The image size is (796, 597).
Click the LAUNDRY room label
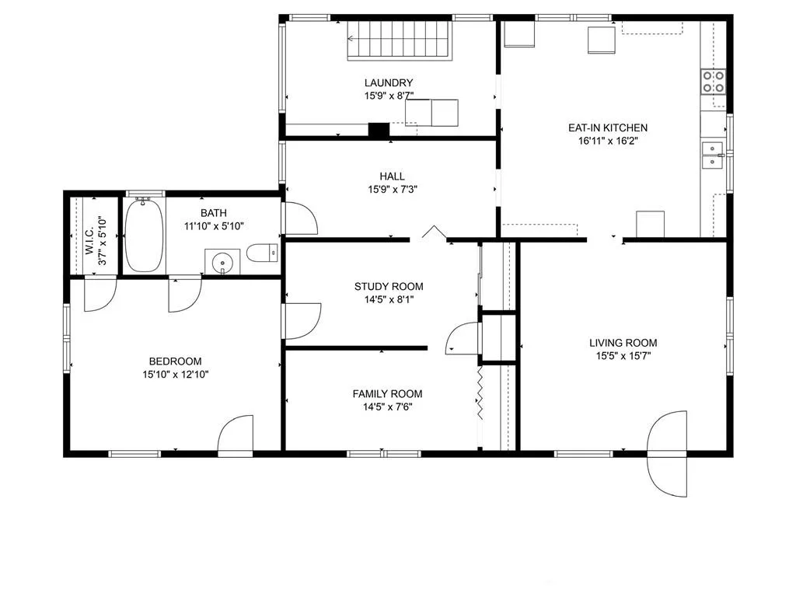389,82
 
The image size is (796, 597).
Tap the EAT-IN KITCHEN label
608,128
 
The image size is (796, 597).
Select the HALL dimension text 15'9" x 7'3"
393,190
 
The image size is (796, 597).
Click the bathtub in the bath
144,236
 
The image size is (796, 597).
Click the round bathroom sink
222,263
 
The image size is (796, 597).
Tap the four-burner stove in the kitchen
714,82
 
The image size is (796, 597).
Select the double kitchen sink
713,155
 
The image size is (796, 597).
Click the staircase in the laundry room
400,40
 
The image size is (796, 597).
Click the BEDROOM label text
175,361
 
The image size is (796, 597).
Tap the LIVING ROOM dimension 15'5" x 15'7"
623,356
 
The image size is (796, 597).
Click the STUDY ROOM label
389,286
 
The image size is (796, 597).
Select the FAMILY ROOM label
387,393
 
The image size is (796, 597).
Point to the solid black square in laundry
379,130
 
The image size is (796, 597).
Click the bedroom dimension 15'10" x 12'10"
175,375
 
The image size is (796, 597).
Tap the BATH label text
214,213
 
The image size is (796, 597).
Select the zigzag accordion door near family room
479,393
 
